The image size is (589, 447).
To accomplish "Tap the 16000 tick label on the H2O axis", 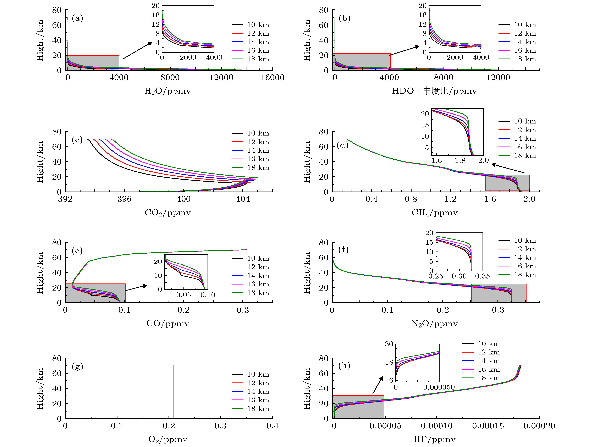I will [272, 77].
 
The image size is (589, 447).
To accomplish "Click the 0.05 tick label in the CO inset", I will [183, 295].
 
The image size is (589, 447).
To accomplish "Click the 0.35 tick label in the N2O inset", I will [483, 276].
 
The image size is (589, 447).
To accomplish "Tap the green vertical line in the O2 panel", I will [174, 391].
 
